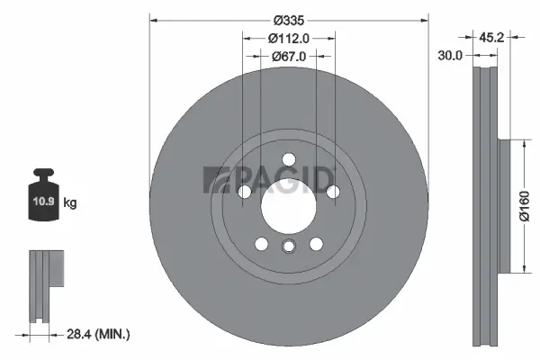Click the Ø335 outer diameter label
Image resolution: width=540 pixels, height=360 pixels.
pos(288,20)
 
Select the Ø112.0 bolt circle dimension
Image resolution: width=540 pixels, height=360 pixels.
pos(288,38)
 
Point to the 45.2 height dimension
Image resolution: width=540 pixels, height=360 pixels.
pos(490,38)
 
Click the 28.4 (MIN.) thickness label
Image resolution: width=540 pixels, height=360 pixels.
pos(98,335)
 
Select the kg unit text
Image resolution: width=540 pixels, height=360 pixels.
pos(70,203)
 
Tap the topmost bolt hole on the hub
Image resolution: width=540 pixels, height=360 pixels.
pos(288,161)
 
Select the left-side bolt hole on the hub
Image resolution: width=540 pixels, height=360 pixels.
pos(244,192)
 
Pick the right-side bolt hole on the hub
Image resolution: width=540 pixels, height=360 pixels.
pos(332,192)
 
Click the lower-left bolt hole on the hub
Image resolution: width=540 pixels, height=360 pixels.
pos(261,244)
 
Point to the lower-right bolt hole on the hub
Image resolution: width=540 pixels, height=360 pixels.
pos(315,244)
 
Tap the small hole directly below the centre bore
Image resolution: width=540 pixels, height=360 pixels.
pos(288,247)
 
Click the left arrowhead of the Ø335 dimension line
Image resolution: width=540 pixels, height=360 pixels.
pos(152,20)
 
